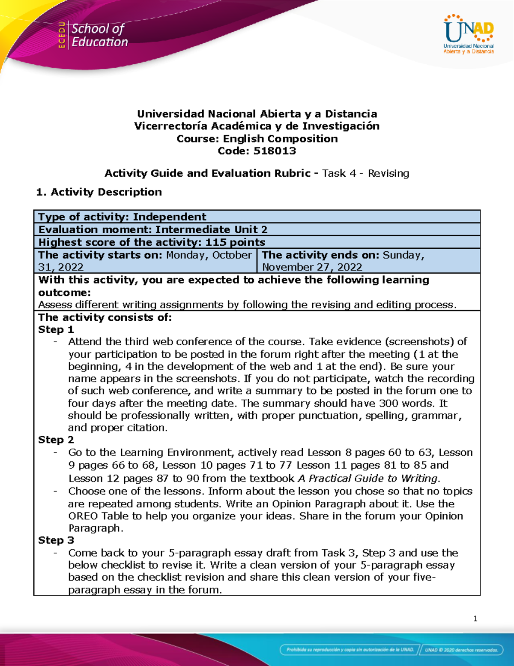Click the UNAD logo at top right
469,34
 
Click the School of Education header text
99,35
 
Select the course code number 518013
275,151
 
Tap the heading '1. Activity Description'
99,192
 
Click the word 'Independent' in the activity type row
170,217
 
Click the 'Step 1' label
56,330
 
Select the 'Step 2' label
56,440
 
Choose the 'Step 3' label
56,540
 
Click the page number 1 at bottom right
475,618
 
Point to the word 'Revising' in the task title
388,173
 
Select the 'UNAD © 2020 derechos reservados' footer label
461,650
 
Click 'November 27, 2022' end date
312,267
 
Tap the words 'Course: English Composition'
257,139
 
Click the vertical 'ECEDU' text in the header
62,35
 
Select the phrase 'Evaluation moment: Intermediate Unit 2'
153,230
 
